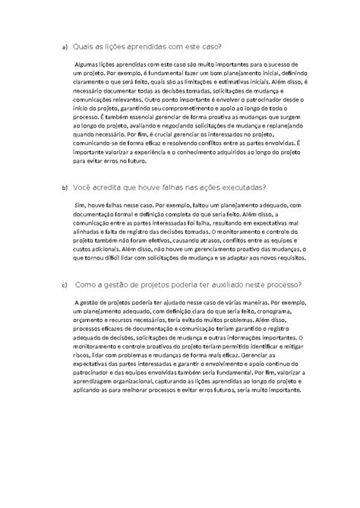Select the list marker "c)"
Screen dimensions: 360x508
[64, 286]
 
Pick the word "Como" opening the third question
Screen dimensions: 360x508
[88, 285]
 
